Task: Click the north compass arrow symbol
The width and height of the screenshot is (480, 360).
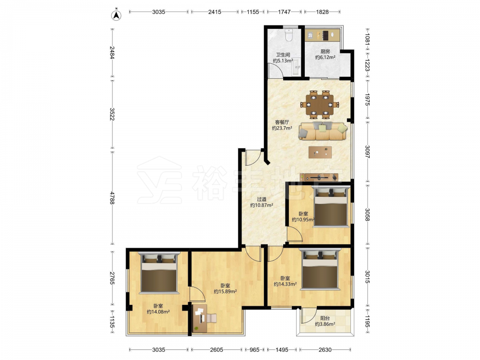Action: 116,15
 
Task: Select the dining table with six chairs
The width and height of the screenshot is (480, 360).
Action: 320,104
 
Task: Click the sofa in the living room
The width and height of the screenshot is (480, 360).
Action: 323,131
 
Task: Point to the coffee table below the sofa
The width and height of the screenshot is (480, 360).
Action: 320,152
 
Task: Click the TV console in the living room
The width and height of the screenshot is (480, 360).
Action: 319,177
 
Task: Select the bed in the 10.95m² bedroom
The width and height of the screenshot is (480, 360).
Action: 331,206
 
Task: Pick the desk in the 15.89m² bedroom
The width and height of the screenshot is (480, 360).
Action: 200,318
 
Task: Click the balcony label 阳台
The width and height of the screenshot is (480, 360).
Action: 325,318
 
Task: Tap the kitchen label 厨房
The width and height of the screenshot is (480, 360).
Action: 325,51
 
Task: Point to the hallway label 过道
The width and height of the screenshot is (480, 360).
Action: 262,199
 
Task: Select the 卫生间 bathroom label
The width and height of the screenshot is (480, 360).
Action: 283,55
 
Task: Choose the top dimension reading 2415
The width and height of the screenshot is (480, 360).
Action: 215,12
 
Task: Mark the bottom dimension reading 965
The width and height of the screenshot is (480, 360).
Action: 254,349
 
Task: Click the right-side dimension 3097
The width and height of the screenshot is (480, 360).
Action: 367,152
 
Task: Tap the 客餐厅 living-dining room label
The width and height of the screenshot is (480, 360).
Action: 282,122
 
